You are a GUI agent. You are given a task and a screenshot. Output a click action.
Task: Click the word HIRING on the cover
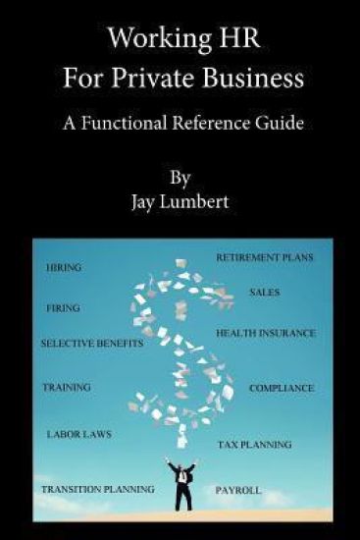64,267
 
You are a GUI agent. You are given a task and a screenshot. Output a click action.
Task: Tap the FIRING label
64,307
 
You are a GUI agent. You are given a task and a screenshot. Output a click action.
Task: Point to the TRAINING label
67,387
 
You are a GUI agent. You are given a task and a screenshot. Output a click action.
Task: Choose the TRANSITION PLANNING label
97,488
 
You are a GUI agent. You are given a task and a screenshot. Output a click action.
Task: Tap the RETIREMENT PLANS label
264,257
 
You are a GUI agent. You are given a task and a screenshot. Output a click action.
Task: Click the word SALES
265,293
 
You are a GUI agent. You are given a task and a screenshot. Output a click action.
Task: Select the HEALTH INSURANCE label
266,333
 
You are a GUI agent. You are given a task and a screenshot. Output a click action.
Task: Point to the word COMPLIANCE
282,388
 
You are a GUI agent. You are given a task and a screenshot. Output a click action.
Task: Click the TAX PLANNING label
254,445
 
